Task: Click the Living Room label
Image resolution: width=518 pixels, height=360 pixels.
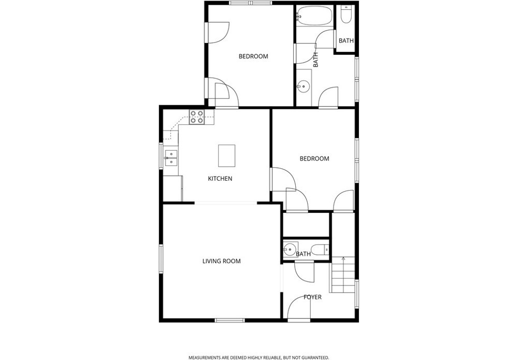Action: tap(221, 261)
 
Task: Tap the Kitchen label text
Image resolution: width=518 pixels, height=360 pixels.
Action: tap(220, 179)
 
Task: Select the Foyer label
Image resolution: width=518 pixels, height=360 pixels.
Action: tap(312, 297)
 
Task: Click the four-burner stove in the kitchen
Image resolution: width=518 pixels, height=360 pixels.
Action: tap(196, 117)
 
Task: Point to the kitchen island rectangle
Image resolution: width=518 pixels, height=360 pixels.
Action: tap(227, 155)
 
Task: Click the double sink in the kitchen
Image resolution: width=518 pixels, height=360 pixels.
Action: tap(171, 158)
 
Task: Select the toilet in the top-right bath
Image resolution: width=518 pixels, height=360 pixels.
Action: tap(346, 14)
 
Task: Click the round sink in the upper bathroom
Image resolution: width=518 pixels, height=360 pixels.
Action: tap(303, 87)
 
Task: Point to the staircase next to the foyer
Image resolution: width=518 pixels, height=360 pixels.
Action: tap(343, 275)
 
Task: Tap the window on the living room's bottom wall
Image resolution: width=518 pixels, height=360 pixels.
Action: tap(229, 320)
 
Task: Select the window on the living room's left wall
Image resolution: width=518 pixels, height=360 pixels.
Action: tap(161, 258)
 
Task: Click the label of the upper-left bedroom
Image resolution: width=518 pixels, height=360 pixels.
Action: tap(253, 56)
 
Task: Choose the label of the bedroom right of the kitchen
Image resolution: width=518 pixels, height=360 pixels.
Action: tap(314, 159)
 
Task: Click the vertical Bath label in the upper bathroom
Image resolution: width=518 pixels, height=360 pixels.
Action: tap(315, 60)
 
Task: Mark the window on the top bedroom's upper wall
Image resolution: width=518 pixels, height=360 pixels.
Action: tap(251, 3)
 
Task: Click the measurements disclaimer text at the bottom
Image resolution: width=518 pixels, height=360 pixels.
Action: tap(258, 358)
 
